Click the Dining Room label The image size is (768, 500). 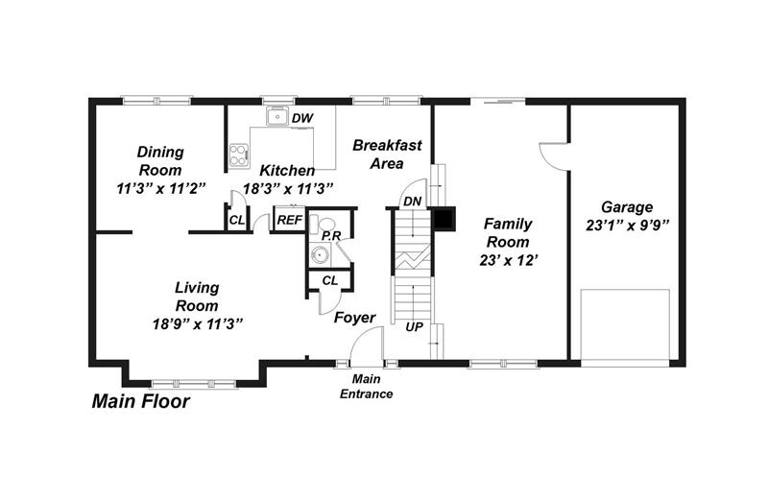[x=160, y=152]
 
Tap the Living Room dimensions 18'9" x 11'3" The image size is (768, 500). [x=197, y=323]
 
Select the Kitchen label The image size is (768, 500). [x=287, y=170]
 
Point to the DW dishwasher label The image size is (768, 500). [x=303, y=118]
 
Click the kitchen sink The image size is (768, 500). [x=276, y=116]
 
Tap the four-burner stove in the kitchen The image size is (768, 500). [x=238, y=155]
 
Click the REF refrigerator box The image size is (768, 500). [x=288, y=221]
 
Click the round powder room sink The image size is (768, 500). [x=321, y=254]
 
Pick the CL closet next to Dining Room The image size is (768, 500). [x=236, y=221]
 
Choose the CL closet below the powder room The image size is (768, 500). [x=329, y=280]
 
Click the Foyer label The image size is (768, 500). [x=354, y=318]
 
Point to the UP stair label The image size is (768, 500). [x=414, y=327]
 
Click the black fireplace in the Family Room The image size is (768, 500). [x=444, y=220]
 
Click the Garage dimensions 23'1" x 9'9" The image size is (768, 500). [x=627, y=226]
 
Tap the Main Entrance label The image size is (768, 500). [x=367, y=387]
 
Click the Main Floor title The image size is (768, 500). [x=140, y=402]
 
